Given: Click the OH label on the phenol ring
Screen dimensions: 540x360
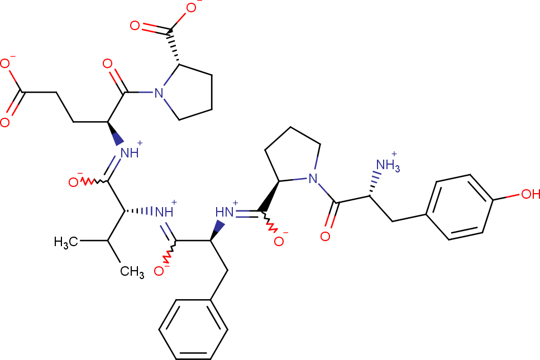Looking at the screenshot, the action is pos(531,194).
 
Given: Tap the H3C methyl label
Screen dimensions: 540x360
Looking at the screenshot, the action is pos(66,242).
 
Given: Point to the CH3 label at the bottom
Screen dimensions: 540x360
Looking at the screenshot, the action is pos(132,272).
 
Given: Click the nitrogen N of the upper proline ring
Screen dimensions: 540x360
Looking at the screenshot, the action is pos(159,93).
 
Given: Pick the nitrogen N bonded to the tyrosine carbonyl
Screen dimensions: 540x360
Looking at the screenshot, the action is pos(313,178).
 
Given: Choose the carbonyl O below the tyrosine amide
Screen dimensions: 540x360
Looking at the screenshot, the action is pos(325,236).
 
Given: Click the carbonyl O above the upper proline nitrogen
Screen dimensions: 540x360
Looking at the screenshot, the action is pos(107,64).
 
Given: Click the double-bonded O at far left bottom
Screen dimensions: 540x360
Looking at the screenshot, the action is pos(5,123).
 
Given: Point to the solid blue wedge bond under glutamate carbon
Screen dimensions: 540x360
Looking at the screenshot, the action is pos(116,133).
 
